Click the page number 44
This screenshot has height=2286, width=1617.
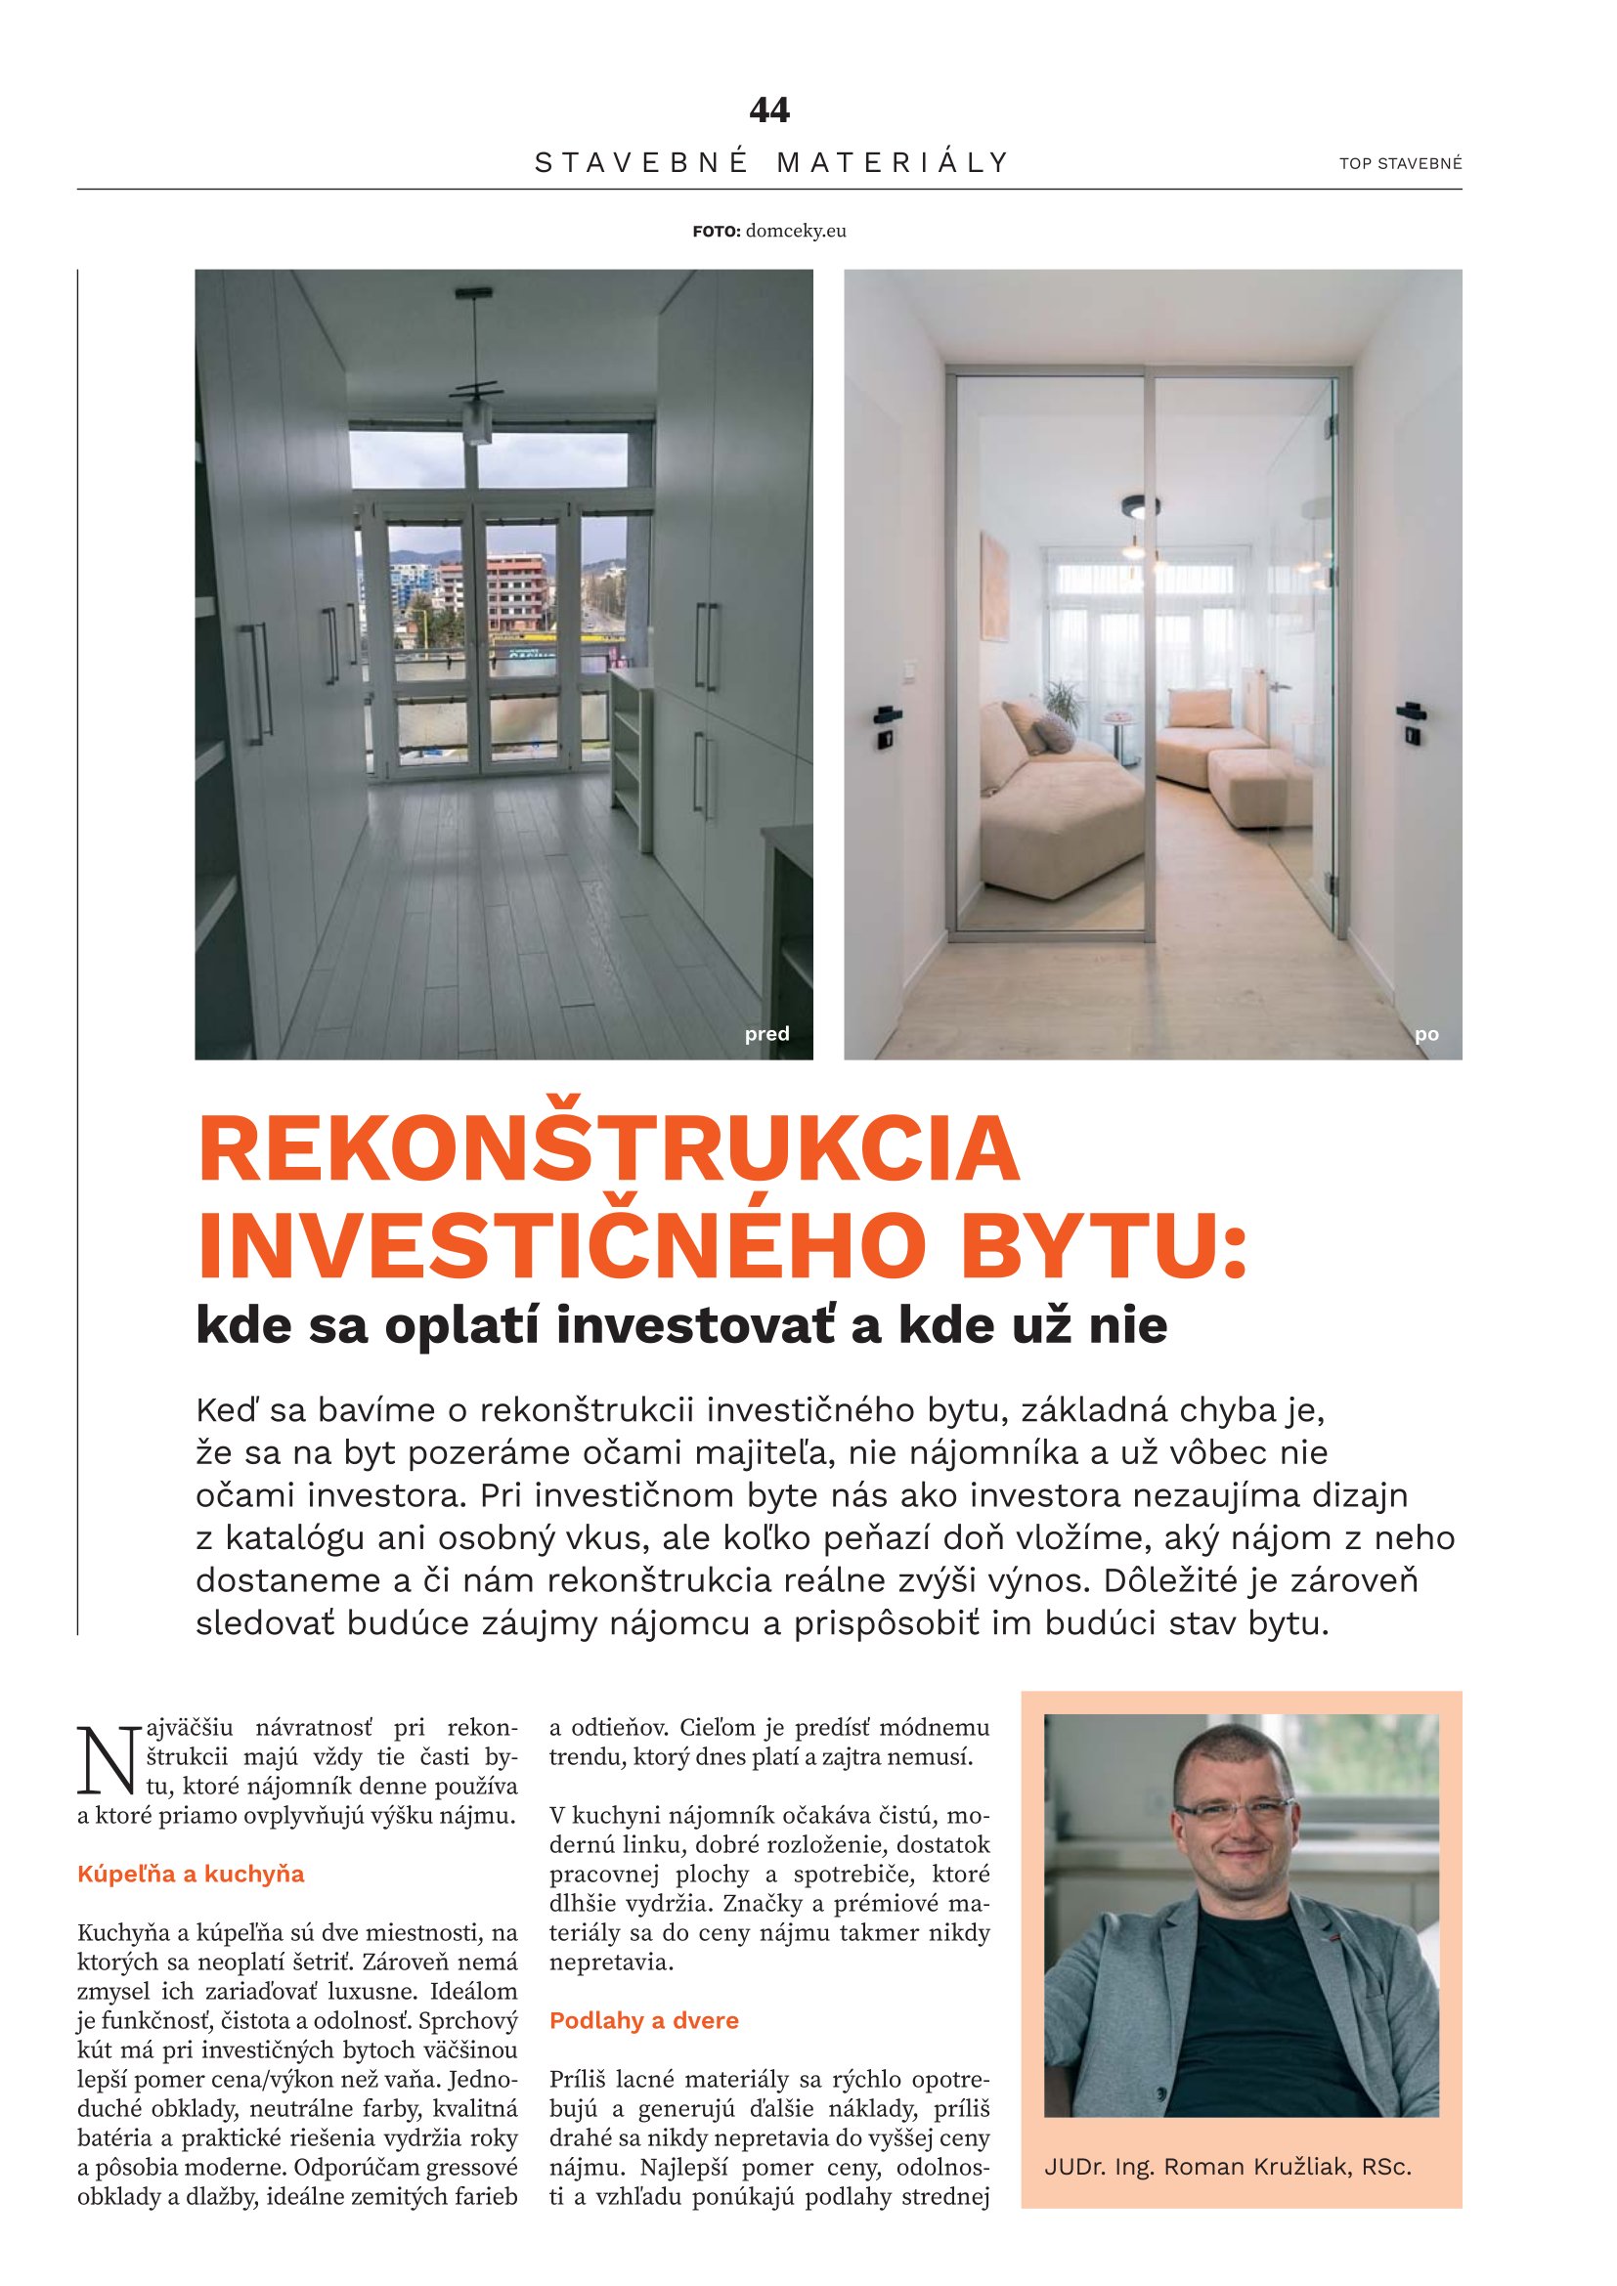click(x=768, y=109)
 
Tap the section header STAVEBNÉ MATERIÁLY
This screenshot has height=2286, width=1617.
click(x=771, y=162)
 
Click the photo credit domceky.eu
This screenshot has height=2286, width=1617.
click(x=795, y=231)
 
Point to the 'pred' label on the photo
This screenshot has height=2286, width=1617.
click(x=765, y=1033)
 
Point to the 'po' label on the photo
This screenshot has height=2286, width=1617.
click(x=1425, y=1034)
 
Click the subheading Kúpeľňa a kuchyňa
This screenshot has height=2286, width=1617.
click(x=191, y=1874)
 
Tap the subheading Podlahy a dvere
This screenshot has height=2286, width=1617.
click(x=643, y=2020)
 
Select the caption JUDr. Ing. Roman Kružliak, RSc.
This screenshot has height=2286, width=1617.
click(x=1227, y=2167)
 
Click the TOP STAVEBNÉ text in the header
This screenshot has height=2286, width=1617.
click(x=1400, y=164)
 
